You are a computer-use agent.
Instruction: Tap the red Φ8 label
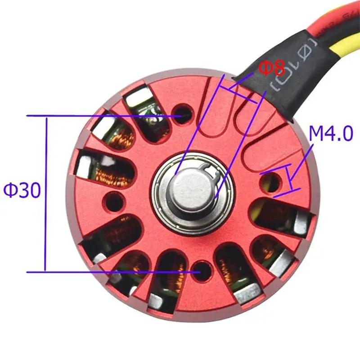coord(272,68)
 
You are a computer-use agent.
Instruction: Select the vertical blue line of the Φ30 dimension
coord(45,193)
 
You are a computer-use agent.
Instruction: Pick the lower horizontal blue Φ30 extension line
coord(112,272)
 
